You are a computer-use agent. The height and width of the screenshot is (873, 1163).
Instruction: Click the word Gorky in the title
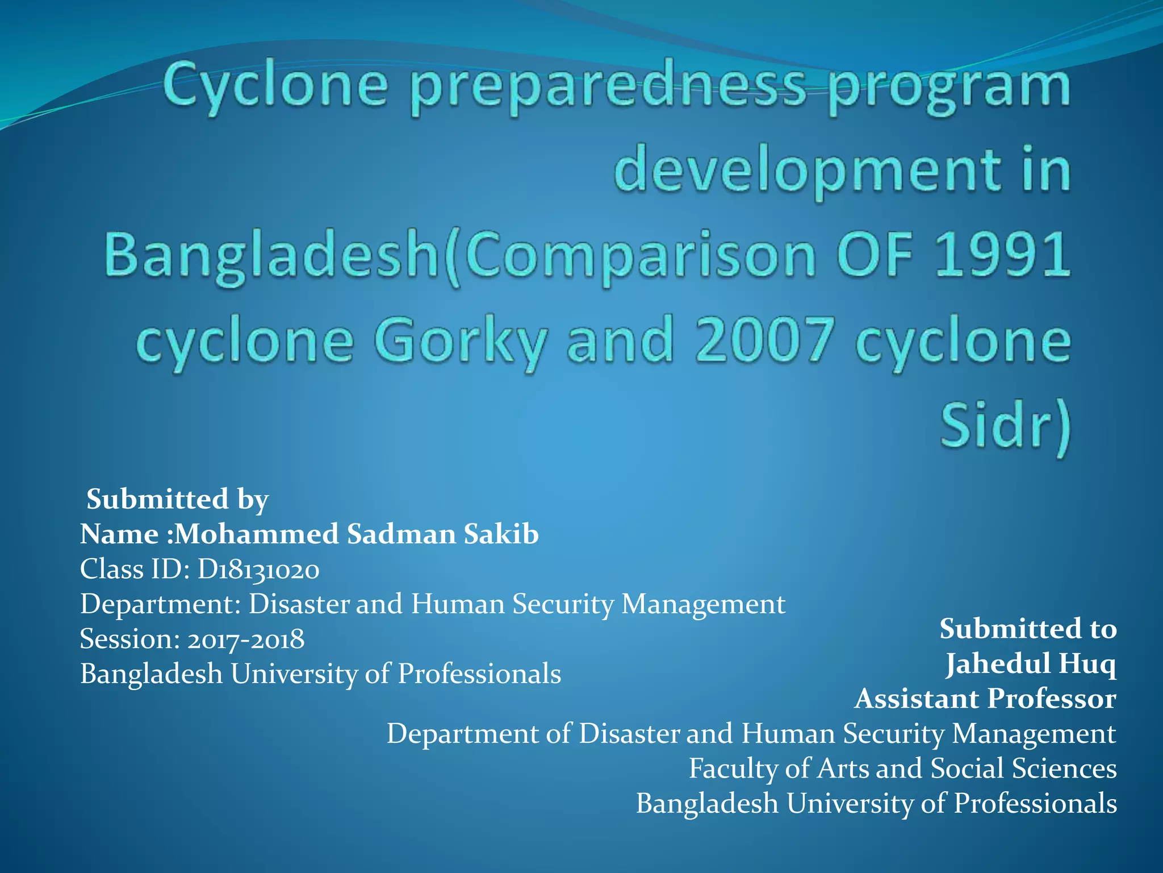click(x=460, y=341)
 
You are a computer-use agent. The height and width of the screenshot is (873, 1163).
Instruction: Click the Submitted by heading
click(x=177, y=499)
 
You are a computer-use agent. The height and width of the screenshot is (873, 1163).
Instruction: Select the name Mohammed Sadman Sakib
click(x=357, y=534)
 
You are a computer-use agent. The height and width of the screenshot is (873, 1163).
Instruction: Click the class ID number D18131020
click(x=258, y=569)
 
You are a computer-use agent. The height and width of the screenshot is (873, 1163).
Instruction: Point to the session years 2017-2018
click(x=246, y=639)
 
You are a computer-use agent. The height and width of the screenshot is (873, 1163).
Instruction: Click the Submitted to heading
click(x=1028, y=629)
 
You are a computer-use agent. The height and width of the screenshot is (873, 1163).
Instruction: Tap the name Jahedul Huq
click(x=1030, y=663)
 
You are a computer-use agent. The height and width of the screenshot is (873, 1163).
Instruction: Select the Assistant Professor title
click(x=985, y=699)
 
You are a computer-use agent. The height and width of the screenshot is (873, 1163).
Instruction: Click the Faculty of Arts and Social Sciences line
click(x=903, y=768)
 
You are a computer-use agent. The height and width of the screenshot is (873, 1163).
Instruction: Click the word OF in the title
click(x=875, y=255)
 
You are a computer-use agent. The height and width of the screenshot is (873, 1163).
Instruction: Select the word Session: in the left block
click(x=130, y=639)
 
